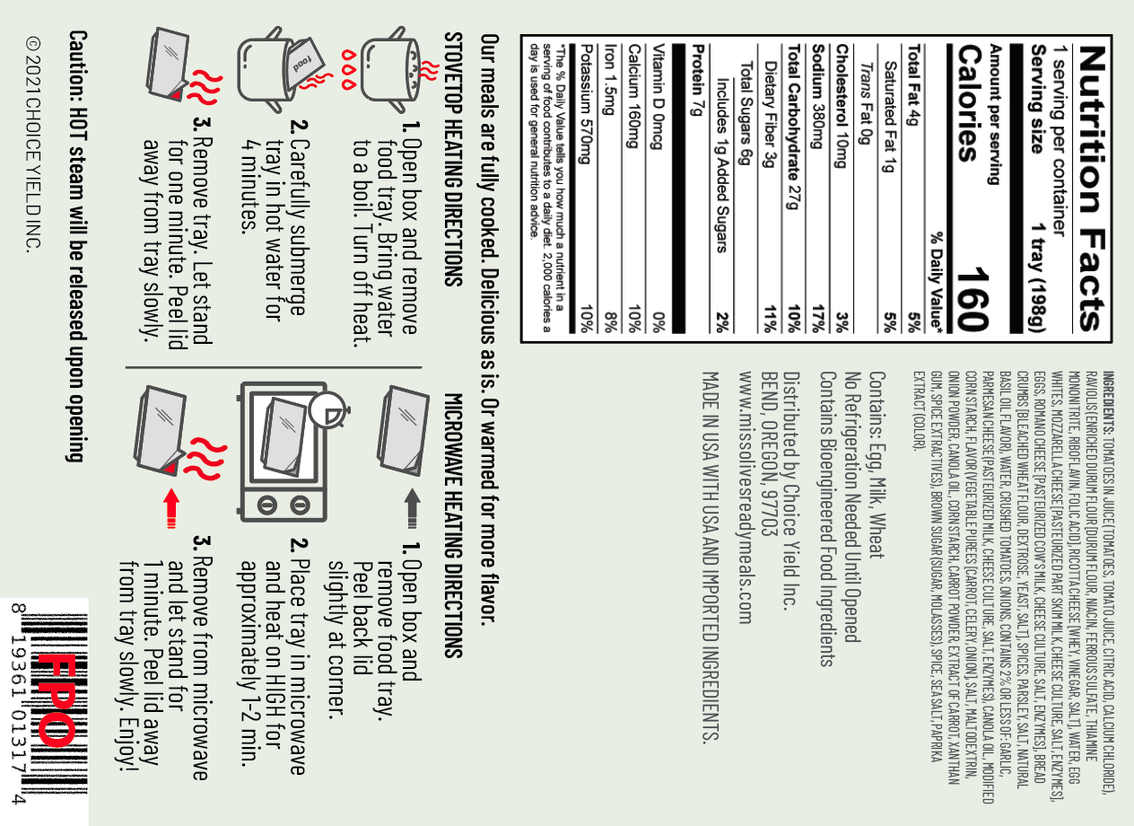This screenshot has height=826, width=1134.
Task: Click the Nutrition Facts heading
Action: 1092,188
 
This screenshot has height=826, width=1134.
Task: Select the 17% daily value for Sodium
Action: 818,319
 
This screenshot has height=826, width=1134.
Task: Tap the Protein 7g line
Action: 698,80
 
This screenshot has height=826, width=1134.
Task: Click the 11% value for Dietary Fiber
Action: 770,320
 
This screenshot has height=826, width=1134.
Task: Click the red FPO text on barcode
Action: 57,699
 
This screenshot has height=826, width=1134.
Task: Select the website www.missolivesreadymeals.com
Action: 746,497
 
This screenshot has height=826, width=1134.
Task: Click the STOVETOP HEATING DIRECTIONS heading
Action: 453,160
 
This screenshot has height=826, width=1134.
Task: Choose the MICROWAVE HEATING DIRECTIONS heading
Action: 453,525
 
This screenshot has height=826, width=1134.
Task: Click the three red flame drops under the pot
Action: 349,69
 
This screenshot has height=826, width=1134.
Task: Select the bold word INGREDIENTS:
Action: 1108,402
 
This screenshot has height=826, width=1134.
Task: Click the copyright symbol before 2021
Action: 33,44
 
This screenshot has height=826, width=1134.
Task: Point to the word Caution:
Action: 77,66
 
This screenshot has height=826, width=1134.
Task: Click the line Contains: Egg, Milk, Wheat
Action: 877,465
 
